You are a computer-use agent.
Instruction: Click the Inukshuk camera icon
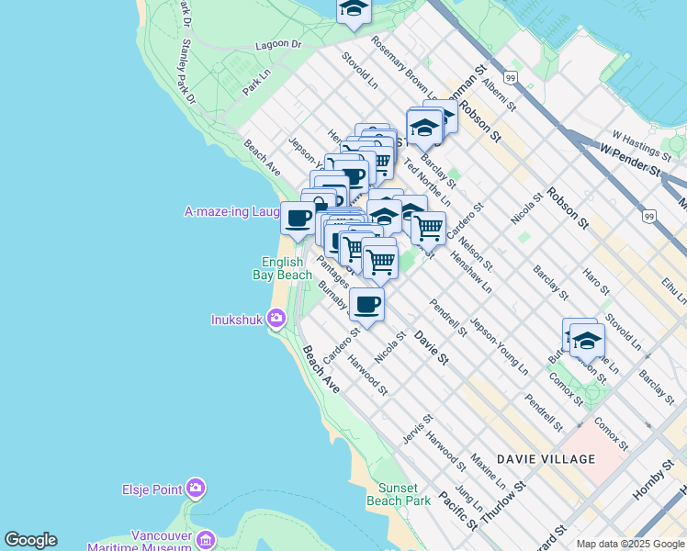coord(276,319)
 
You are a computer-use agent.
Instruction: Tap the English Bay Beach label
coord(283,268)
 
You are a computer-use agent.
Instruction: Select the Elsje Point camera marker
coord(195,489)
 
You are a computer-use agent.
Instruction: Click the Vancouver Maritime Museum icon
coord(206,539)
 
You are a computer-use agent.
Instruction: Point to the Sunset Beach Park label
coord(399,495)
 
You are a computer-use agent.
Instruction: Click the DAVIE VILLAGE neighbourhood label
coord(546,458)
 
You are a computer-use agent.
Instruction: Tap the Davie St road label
coord(430,347)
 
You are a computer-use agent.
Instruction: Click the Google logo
coord(30,540)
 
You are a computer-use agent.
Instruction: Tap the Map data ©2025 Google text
coord(629,544)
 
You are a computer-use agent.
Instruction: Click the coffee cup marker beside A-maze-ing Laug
coord(298,219)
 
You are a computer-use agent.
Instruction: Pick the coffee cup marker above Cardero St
coord(366,304)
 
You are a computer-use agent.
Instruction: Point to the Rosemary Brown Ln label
coord(403,65)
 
